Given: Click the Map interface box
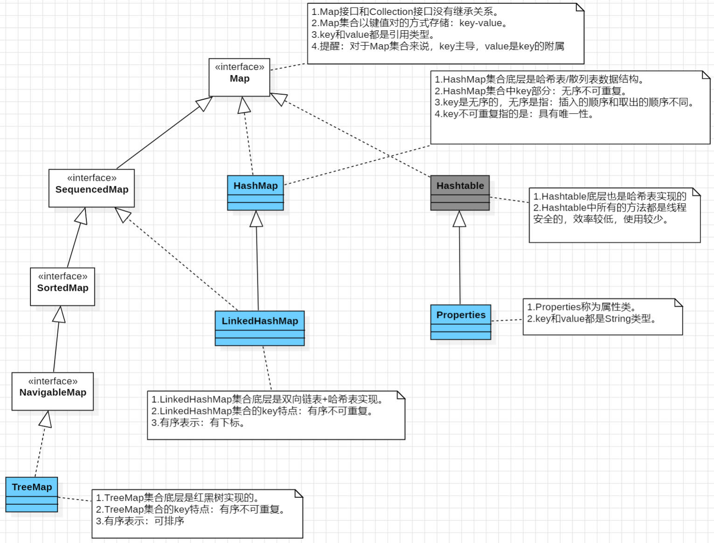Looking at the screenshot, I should click(239, 77).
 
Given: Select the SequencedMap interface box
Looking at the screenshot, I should click(91, 188).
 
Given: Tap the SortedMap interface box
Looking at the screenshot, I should click(62, 286).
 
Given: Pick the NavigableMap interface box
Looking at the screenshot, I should click(53, 391).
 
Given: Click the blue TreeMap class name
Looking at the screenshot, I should click(32, 487).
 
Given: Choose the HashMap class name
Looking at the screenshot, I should click(255, 186).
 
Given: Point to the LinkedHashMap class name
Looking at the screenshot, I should click(259, 321).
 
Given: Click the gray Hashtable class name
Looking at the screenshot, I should click(460, 186).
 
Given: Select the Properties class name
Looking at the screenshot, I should click(460, 315).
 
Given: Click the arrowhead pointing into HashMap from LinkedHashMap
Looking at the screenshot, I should click(256, 219).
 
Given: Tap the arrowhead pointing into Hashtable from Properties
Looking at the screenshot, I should click(459, 219).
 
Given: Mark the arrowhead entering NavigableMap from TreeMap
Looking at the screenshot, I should click(46, 419).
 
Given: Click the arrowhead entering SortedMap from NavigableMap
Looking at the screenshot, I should click(59, 315).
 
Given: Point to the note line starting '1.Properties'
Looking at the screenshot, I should click(581, 307).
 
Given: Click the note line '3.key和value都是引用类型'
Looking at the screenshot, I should click(373, 34).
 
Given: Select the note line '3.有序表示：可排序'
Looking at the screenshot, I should click(140, 521).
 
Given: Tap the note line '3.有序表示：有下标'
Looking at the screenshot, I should click(198, 423).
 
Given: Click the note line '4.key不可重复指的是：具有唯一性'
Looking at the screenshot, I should click(514, 114).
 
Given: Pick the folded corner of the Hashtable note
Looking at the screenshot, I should click(696, 192).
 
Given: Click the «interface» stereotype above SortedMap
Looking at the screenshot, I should click(62, 276).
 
